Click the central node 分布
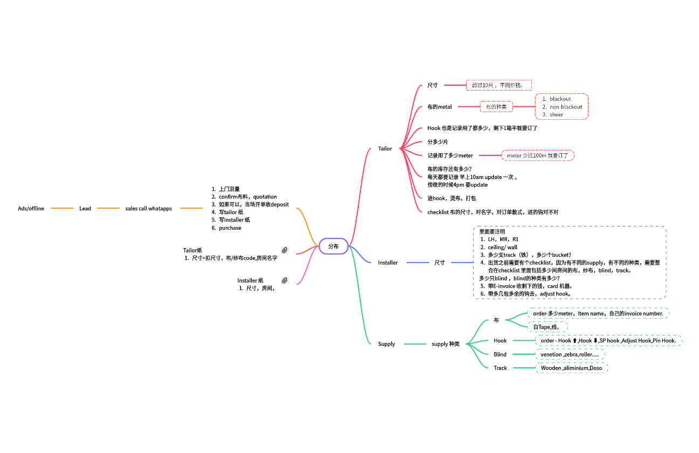coord(333,246)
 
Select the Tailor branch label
coord(385,148)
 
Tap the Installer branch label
coord(388,263)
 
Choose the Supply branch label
coord(386,344)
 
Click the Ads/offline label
coord(31,208)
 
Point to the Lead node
coord(85,208)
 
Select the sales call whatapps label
coord(148,208)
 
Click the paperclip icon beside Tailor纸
coord(285,250)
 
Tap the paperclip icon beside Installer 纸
coord(285,280)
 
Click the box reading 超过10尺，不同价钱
coord(499,85)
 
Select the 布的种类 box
coord(496,107)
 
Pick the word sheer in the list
coord(557,114)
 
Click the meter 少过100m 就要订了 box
coord(538,155)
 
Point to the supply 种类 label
coord(446,344)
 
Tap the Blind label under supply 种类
coord(500,354)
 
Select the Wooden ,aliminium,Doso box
coord(572,368)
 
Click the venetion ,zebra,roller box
coord(570,354)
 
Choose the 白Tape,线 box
coord(547,327)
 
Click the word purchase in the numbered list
coord(230,228)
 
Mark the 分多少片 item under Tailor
coord(437,142)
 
